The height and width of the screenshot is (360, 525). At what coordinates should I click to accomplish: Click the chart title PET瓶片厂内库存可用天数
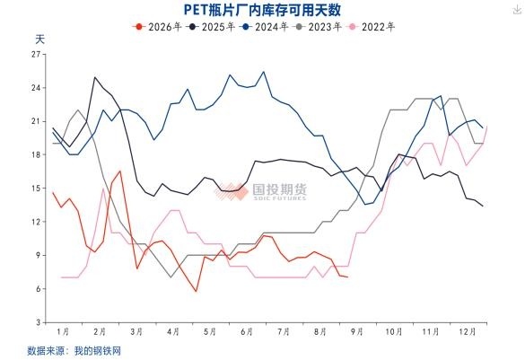[x=262, y=9]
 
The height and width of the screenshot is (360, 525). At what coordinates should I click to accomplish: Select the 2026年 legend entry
[x=157, y=27]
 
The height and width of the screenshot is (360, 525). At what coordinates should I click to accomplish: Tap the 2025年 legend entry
[x=211, y=27]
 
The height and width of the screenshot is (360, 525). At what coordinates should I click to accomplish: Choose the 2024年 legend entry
[x=264, y=27]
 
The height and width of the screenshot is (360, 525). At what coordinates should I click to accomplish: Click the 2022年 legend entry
[x=371, y=27]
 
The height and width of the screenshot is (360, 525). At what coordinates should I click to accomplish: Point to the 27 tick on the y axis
[x=36, y=54]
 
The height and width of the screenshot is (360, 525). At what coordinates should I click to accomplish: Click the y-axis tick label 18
[x=36, y=154]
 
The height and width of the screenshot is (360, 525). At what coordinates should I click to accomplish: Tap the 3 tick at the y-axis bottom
[x=39, y=322]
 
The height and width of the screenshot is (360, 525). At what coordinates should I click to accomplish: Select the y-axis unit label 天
[x=39, y=40]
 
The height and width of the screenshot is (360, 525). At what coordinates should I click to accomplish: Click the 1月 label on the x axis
[x=63, y=331]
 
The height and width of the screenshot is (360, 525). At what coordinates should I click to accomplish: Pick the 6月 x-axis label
[x=247, y=331]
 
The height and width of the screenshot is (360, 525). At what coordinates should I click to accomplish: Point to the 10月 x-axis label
[x=394, y=331]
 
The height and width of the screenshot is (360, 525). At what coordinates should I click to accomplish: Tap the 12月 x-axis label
[x=468, y=331]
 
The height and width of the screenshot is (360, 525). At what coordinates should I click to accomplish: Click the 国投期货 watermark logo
[x=261, y=191]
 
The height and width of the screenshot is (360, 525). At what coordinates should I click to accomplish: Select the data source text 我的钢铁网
[x=98, y=351]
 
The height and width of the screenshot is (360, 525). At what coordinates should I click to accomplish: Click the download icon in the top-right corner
[x=517, y=10]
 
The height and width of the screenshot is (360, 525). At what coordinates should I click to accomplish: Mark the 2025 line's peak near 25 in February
[x=95, y=77]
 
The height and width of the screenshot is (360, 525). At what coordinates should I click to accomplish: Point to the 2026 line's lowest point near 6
[x=197, y=291]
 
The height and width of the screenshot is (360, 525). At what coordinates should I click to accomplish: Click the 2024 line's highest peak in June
[x=264, y=72]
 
